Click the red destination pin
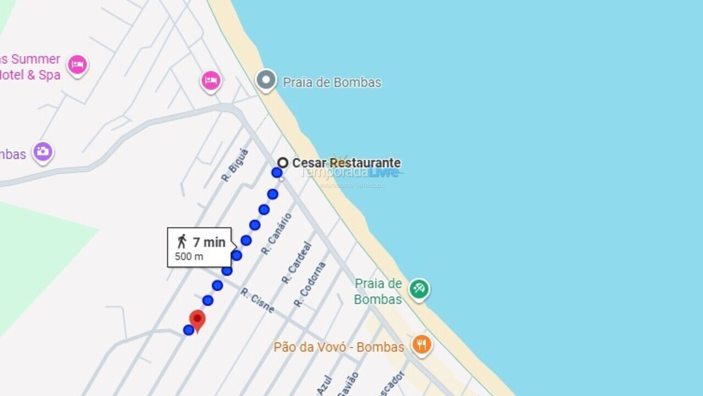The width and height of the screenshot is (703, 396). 197,320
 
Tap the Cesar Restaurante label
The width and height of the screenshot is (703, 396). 346,163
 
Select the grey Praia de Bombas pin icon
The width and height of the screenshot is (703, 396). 266,80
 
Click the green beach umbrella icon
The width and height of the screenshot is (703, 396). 419,288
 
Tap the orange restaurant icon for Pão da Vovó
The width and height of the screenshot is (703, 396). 421,345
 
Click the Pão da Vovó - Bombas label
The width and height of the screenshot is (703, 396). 339,347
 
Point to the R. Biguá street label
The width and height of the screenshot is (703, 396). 235,165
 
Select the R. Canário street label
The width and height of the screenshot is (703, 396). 276,234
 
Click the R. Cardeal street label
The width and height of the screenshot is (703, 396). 297,263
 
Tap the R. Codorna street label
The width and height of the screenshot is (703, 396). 309,284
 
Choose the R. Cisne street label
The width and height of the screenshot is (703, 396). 257,300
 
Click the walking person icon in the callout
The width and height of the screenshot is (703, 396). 182,241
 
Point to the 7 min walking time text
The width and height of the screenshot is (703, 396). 209,242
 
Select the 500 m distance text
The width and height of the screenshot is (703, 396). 189,256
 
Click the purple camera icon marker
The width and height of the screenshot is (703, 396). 42,151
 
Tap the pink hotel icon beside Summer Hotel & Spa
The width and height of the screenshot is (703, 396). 77,65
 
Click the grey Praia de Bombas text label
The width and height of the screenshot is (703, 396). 332,82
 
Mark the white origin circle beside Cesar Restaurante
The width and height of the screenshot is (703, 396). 283,163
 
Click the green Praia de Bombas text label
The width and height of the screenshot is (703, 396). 378,291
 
